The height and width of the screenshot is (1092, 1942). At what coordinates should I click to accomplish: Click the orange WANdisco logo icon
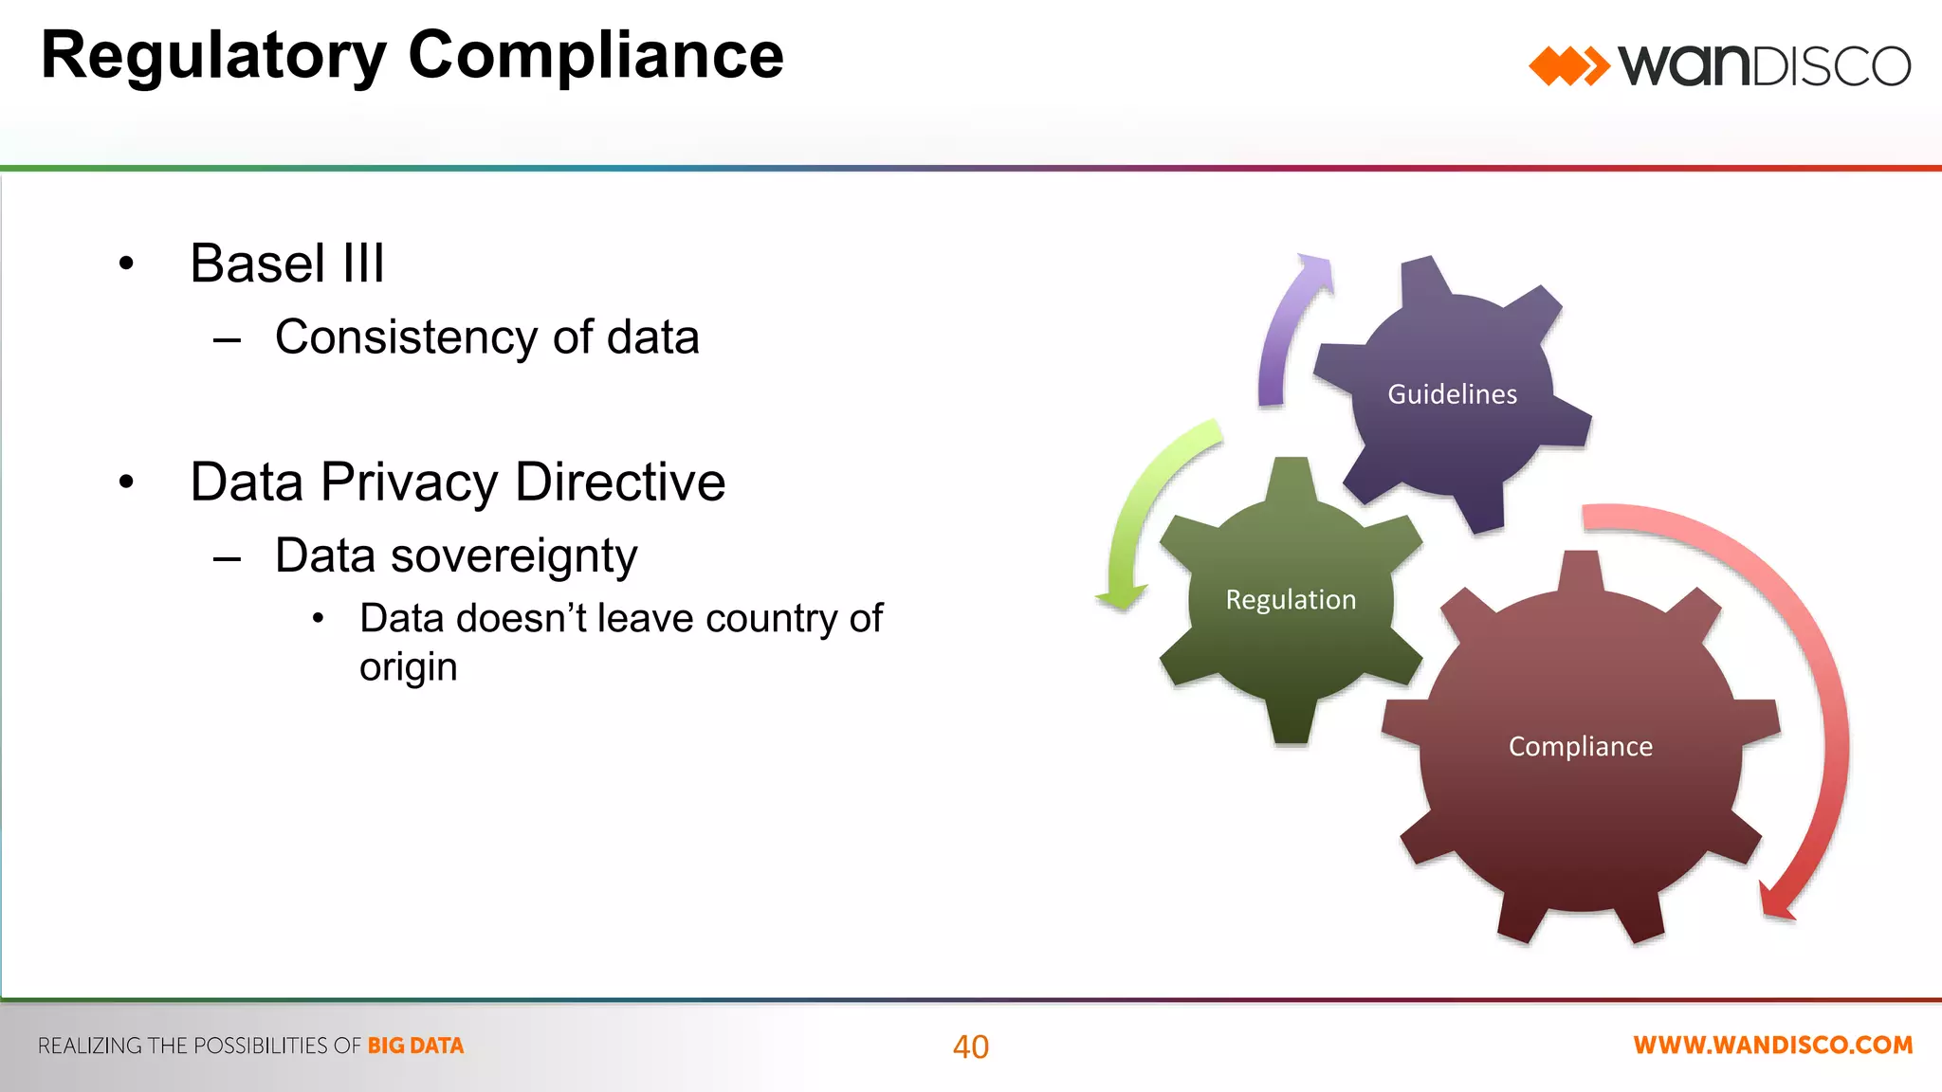tap(1568, 66)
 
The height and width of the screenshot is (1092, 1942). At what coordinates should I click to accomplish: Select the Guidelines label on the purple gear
tap(1452, 394)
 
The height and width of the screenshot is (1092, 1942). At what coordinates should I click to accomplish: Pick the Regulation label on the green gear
tap(1291, 600)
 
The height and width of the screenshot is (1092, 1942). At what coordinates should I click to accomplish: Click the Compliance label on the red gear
tap(1580, 747)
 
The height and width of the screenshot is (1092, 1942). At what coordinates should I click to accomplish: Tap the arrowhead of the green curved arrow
tap(1122, 597)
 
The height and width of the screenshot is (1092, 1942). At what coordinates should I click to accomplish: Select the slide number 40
tap(970, 1046)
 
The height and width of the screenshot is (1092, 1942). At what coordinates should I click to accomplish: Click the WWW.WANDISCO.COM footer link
tap(1772, 1046)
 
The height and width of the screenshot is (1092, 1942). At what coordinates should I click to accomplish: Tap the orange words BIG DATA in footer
tap(415, 1046)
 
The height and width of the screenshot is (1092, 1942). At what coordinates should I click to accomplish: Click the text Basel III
tap(287, 264)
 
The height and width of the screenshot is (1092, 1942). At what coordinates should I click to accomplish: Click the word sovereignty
tap(514, 556)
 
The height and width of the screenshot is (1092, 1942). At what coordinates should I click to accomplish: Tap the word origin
tap(408, 668)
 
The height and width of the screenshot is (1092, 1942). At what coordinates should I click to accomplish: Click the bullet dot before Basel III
tap(127, 264)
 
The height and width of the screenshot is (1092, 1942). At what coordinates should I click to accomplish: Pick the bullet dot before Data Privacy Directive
tap(127, 483)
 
